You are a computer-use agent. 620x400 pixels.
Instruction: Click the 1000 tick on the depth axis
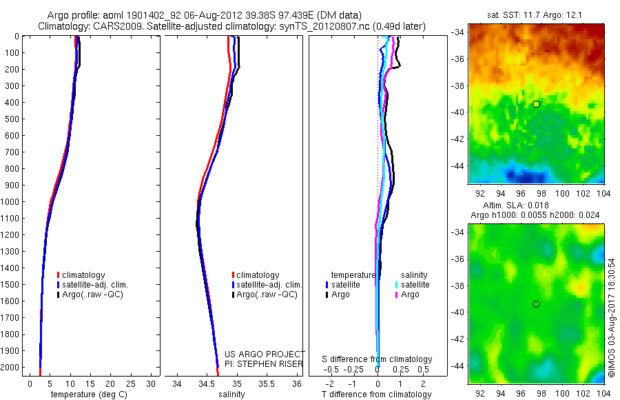pos(12,201)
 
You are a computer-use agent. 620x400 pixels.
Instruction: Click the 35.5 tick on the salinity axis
pos(267,383)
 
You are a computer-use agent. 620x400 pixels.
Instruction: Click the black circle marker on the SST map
pos(536,103)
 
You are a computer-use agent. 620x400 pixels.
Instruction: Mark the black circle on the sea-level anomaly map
pos(536,304)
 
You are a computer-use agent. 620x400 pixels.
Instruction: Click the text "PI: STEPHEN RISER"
pos(265,363)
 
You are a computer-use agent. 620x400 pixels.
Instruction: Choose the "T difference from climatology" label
pos(376,394)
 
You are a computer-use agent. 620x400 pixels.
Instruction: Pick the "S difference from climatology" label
pos(377,359)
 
